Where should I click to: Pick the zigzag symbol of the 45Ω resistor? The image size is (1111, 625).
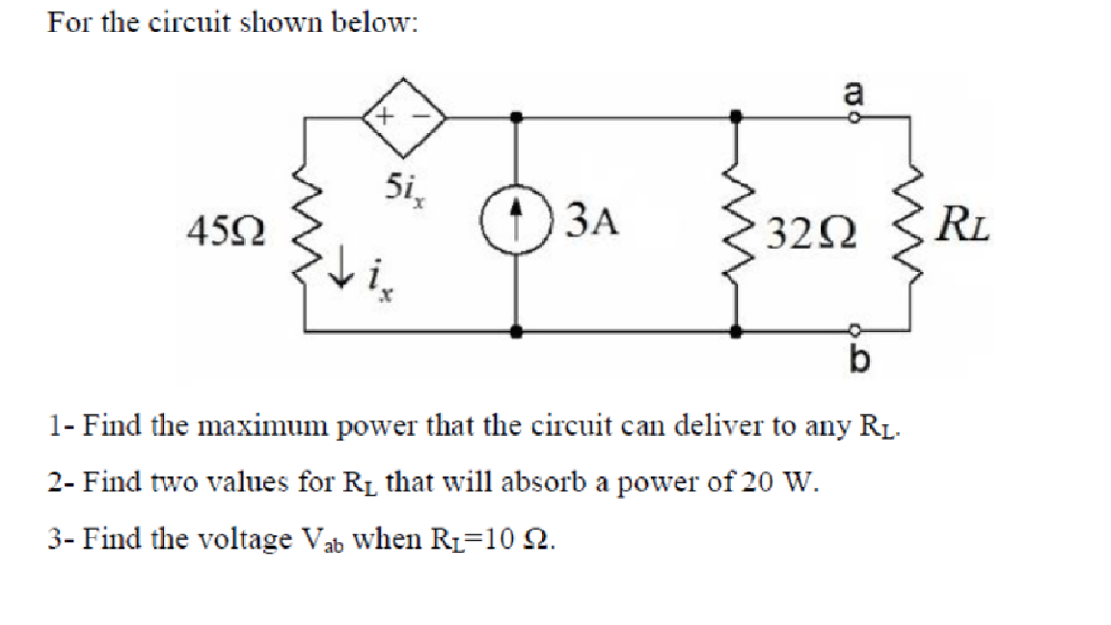point(308,228)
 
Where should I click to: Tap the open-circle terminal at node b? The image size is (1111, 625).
point(854,327)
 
